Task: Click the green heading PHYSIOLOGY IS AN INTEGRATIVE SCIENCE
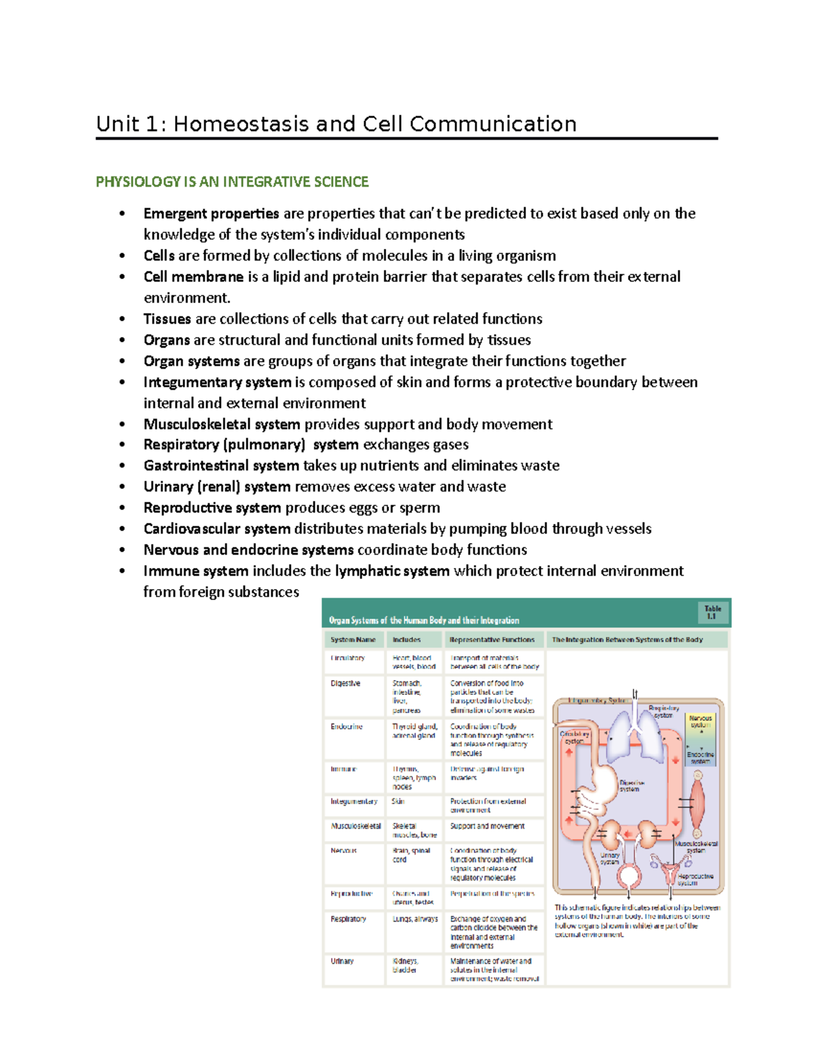[232, 182]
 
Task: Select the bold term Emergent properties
[211, 214]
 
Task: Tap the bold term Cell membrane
[193, 277]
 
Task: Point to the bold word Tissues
[167, 319]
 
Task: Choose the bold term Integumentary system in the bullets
[217, 382]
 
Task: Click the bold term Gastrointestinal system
[221, 466]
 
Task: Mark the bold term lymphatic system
[392, 571]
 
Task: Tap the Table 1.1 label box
[712, 612]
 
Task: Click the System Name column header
[353, 639]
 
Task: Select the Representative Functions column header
[492, 639]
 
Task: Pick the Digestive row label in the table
[345, 683]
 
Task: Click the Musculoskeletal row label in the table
[355, 826]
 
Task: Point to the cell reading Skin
[398, 802]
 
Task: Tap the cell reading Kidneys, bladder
[406, 965]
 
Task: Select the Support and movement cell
[487, 826]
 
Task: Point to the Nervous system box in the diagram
[701, 721]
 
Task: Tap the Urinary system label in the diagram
[609, 859]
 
